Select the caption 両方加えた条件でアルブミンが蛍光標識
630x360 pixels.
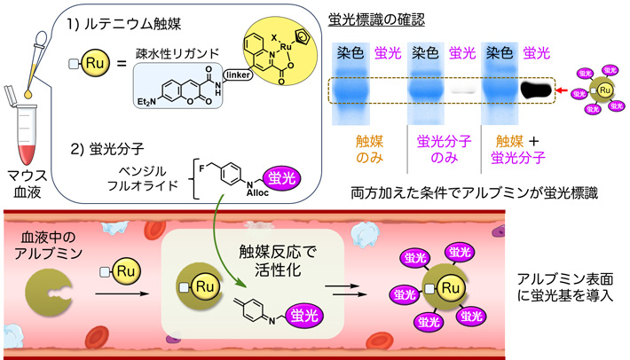click(471, 190)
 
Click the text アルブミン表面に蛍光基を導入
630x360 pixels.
click(565, 286)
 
